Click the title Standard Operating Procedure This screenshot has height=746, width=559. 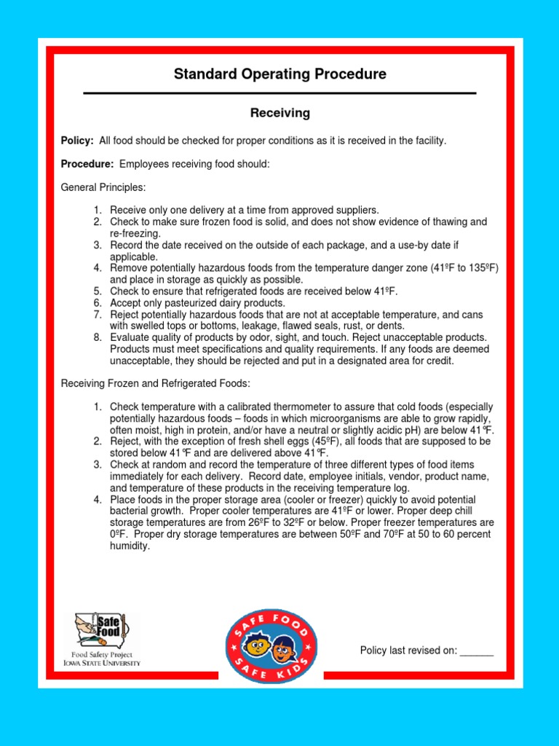click(279, 74)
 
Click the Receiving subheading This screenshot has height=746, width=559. click(279, 113)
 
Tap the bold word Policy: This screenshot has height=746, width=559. click(77, 140)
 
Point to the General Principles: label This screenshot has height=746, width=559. click(103, 188)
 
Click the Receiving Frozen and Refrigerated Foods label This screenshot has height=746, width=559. click(155, 383)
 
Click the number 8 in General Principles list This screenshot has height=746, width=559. click(98, 338)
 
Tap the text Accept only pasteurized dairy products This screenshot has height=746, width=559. click(197, 303)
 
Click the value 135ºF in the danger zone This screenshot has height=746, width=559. click(480, 268)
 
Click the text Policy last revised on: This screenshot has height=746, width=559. click(408, 651)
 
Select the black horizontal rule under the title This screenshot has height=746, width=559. click(279, 93)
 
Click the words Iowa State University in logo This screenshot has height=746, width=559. click(102, 663)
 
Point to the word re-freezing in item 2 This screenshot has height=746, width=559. click(135, 233)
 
